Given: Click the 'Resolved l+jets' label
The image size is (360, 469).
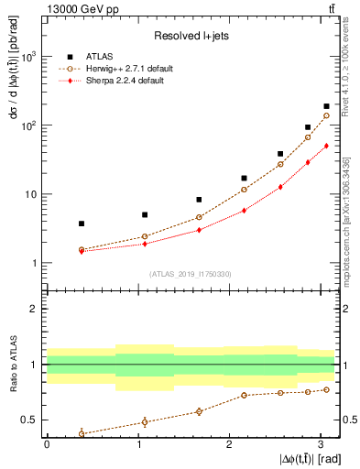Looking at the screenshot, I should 190,36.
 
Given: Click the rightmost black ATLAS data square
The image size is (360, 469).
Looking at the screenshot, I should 327,106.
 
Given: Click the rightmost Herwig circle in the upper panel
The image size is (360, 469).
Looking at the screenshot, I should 327,116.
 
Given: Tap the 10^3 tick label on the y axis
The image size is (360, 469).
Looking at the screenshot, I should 27,56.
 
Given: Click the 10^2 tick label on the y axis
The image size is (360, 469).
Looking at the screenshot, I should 27,125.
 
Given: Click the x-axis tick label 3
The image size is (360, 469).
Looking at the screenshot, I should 320,444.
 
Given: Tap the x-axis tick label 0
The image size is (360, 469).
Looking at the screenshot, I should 47,444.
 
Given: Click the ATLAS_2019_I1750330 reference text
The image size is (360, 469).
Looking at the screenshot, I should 190,274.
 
